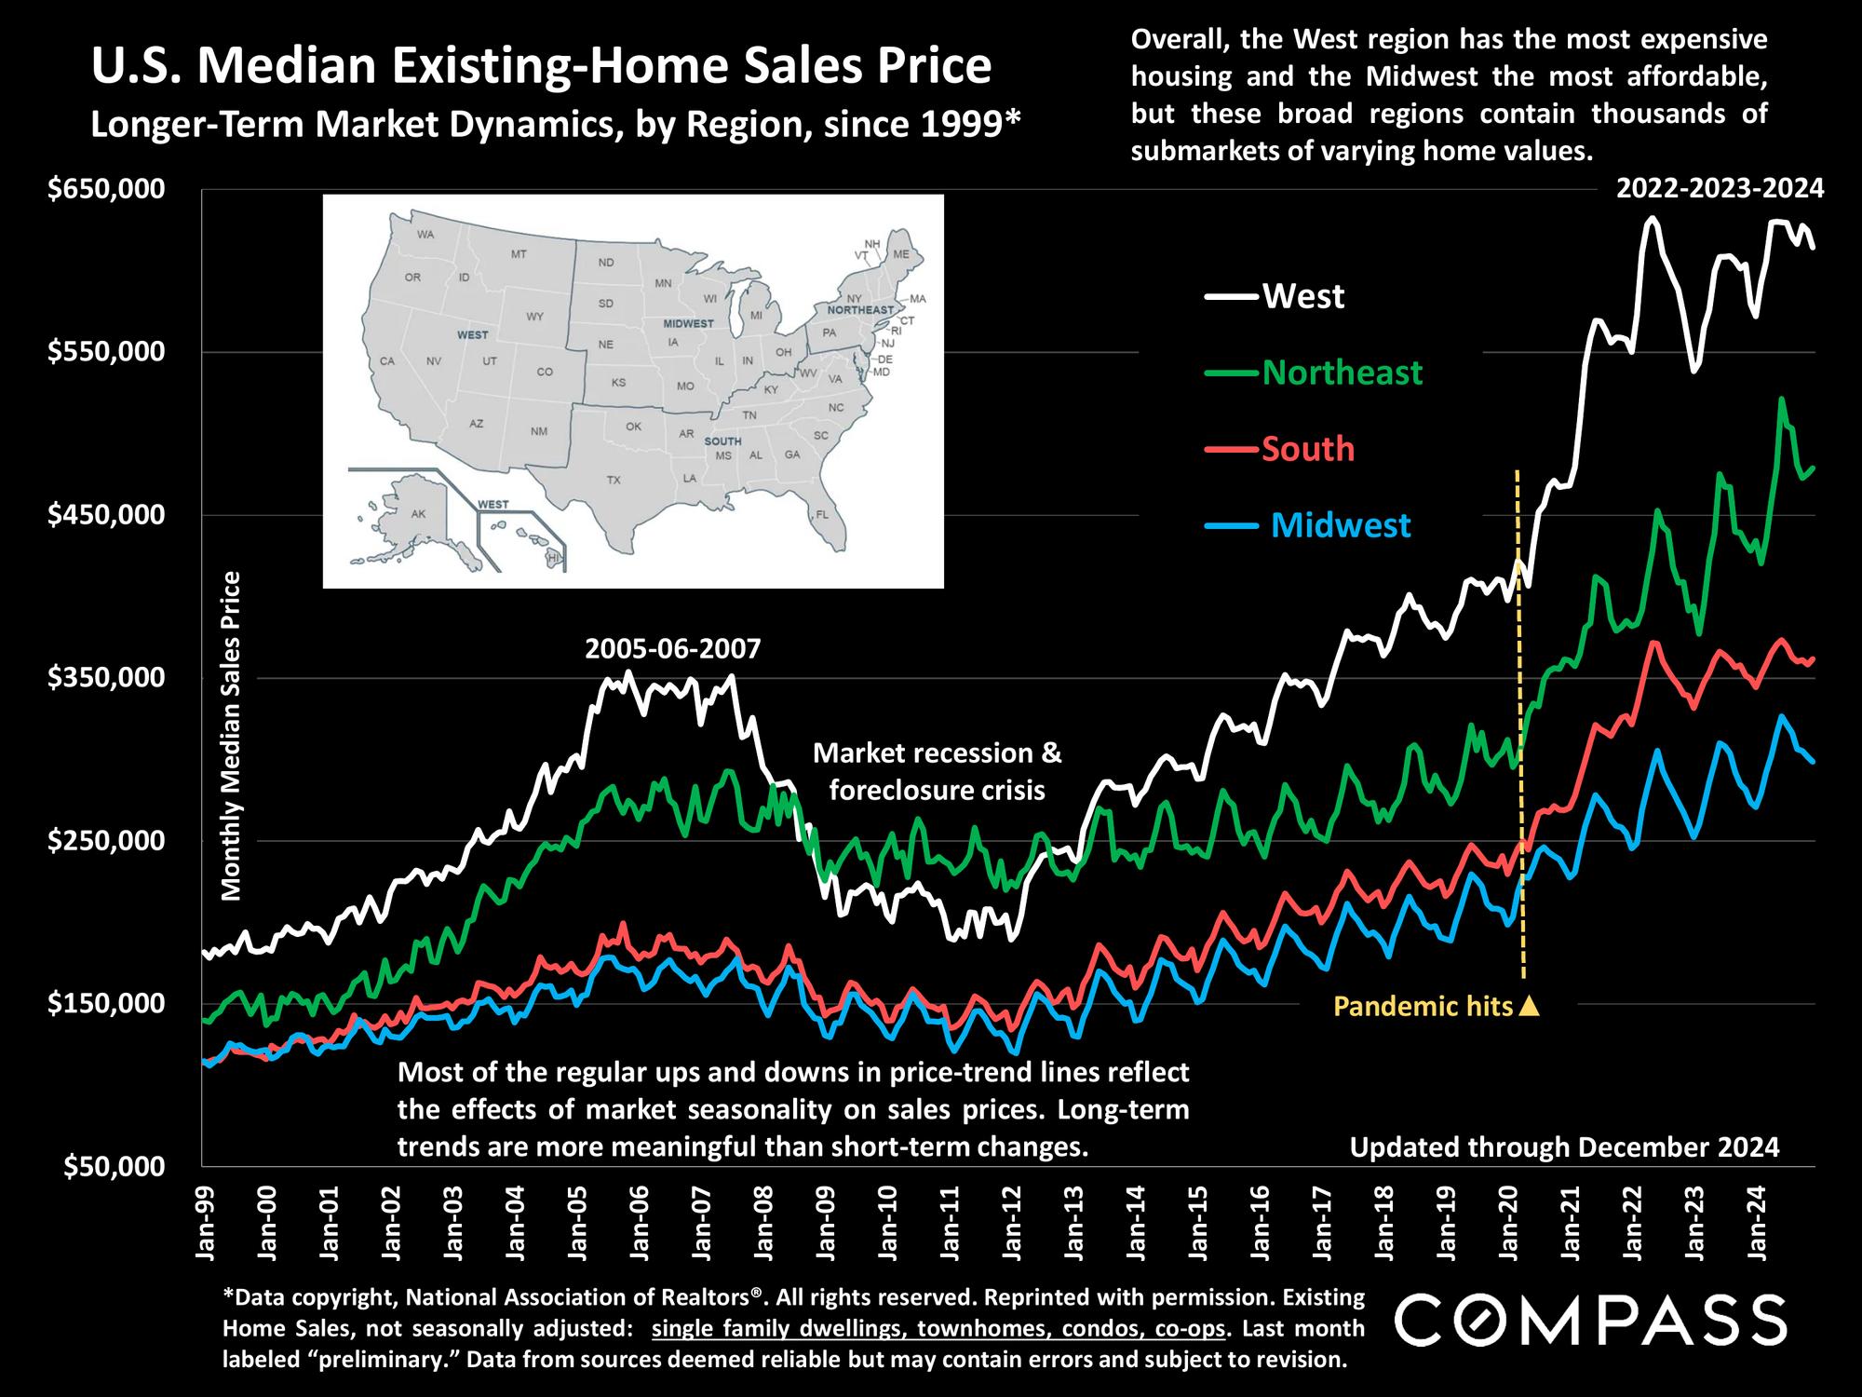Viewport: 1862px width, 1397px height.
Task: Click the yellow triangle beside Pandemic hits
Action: click(1529, 1006)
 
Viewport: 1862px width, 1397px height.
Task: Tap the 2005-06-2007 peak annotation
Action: click(672, 648)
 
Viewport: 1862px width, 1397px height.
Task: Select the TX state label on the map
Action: click(613, 481)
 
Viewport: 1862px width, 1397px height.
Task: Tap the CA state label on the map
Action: click(388, 360)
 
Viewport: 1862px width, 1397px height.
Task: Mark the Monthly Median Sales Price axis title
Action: click(231, 736)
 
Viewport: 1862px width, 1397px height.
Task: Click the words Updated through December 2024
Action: click(1564, 1147)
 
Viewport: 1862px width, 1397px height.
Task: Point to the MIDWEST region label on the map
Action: click(688, 324)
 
